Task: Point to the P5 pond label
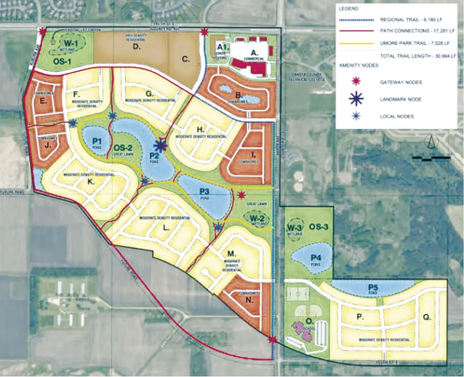[373, 287]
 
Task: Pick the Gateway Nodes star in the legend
[357, 82]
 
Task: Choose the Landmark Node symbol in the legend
[356, 99]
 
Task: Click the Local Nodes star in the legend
[357, 116]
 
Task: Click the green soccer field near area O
[298, 293]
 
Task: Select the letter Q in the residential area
[426, 317]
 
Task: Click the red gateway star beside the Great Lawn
[241, 195]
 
